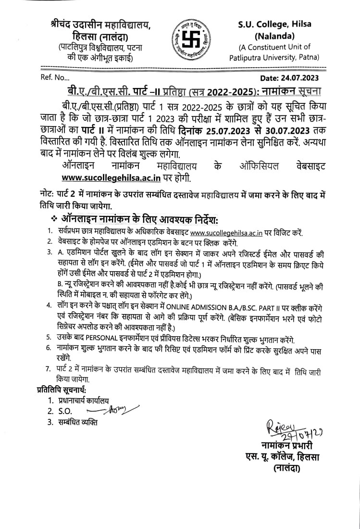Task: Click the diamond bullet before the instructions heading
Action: (x=53, y=220)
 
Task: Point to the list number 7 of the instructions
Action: (x=48, y=369)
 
